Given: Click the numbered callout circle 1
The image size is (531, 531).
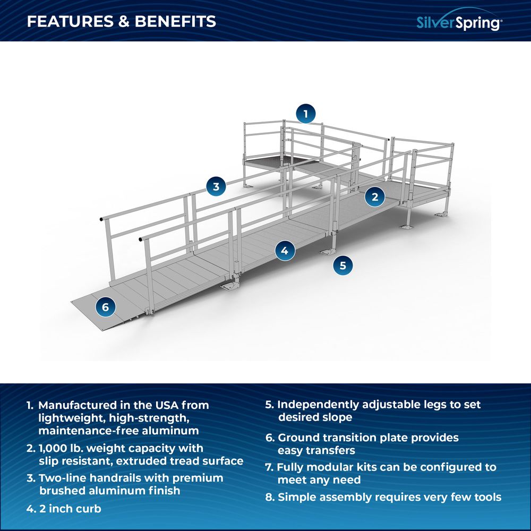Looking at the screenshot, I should click(x=305, y=113).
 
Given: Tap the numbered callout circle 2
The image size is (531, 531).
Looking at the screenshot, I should click(x=375, y=197).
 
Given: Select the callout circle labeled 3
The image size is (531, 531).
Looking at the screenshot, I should click(x=216, y=186).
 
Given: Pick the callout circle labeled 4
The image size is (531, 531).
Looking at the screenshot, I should click(x=285, y=251).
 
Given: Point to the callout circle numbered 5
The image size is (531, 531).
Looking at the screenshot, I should click(x=343, y=265).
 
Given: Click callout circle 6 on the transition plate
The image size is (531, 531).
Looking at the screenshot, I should click(x=105, y=306).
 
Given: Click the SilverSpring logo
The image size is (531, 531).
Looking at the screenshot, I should click(x=459, y=22).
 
